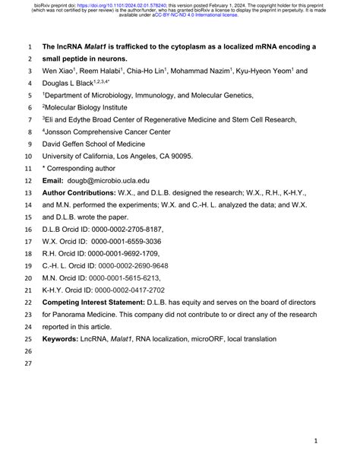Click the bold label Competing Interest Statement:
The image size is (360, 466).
coord(92,302)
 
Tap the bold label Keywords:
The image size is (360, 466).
coord(60,338)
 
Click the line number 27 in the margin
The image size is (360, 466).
coord(30,363)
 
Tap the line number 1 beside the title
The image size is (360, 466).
coord(30,46)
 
